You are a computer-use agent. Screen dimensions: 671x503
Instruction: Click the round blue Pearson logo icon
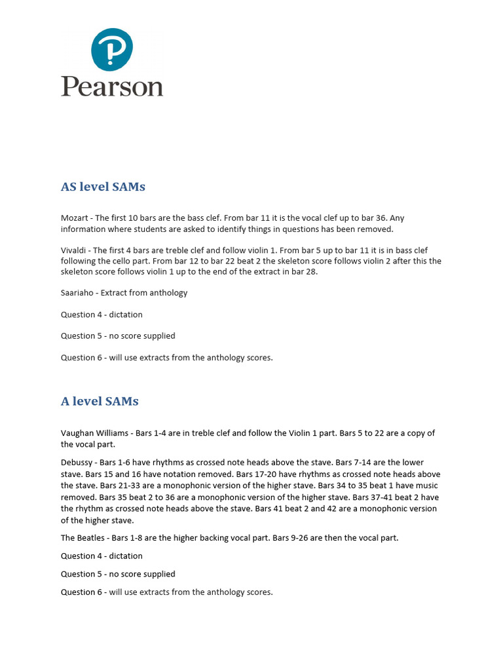click(x=112, y=50)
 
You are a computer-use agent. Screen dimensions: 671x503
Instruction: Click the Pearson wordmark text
click(x=112, y=86)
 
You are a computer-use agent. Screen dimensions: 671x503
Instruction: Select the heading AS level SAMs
click(x=103, y=187)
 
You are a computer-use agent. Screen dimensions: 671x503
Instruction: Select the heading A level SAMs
click(x=100, y=401)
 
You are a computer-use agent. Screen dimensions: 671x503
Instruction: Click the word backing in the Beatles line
click(x=214, y=538)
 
